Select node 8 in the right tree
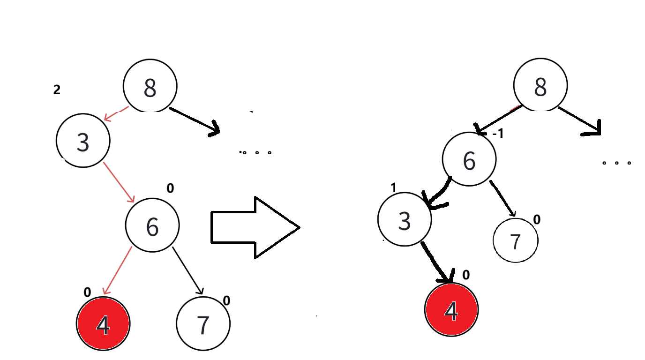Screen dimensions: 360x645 point(540,86)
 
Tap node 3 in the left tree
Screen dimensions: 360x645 point(83,140)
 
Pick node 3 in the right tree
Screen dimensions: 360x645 point(404,219)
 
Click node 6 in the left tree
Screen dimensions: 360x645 point(152,225)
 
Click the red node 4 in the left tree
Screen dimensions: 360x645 point(103,323)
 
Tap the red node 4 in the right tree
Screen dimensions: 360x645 point(451,309)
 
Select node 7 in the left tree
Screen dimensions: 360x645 point(203,323)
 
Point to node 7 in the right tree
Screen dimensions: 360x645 point(516,240)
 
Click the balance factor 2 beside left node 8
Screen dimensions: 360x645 point(57,90)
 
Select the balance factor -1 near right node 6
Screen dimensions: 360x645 point(498,134)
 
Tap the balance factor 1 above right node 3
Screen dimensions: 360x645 point(393,187)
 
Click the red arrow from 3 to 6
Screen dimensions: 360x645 point(119,181)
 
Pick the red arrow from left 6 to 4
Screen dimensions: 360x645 point(117,271)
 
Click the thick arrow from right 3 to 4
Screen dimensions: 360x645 point(437,262)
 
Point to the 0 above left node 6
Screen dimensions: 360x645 point(170,188)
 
